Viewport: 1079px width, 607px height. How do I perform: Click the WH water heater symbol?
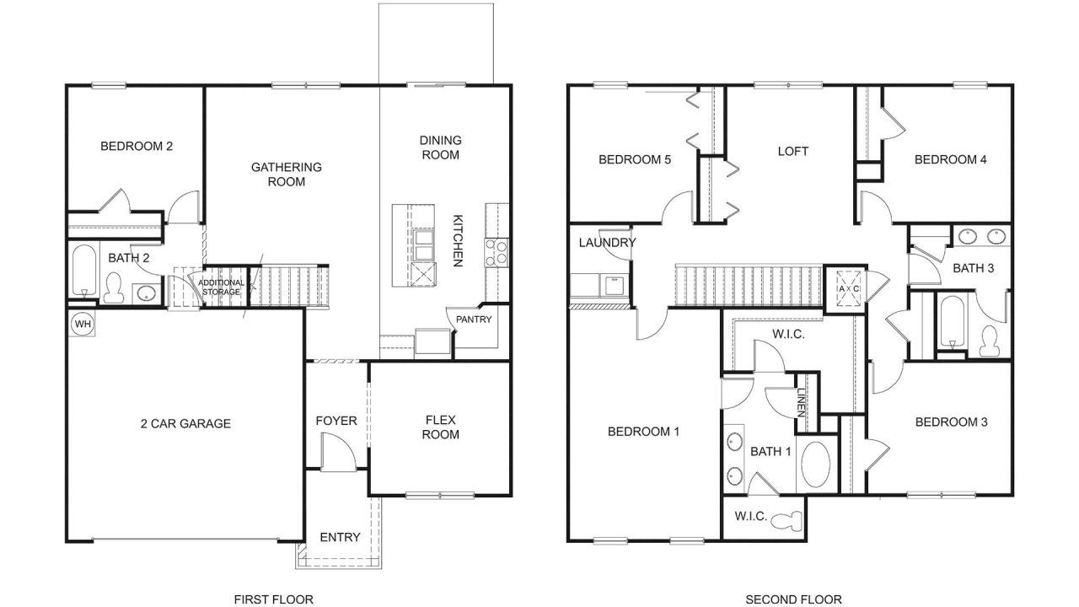82,324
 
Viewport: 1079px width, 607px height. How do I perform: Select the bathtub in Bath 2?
83,270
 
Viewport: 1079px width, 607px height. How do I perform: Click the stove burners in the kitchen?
497,250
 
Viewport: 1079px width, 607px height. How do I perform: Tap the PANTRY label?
474,320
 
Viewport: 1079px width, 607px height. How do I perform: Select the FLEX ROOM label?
441,427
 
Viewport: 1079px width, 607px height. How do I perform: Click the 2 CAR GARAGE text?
185,423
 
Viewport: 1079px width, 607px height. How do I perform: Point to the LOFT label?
792,151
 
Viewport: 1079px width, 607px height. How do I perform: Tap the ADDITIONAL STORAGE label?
222,287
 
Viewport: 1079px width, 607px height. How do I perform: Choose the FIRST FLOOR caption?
273,599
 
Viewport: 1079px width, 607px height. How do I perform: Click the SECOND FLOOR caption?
793,599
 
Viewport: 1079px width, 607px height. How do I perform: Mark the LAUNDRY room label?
607,243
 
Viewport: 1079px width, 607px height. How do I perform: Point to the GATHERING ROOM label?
287,174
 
